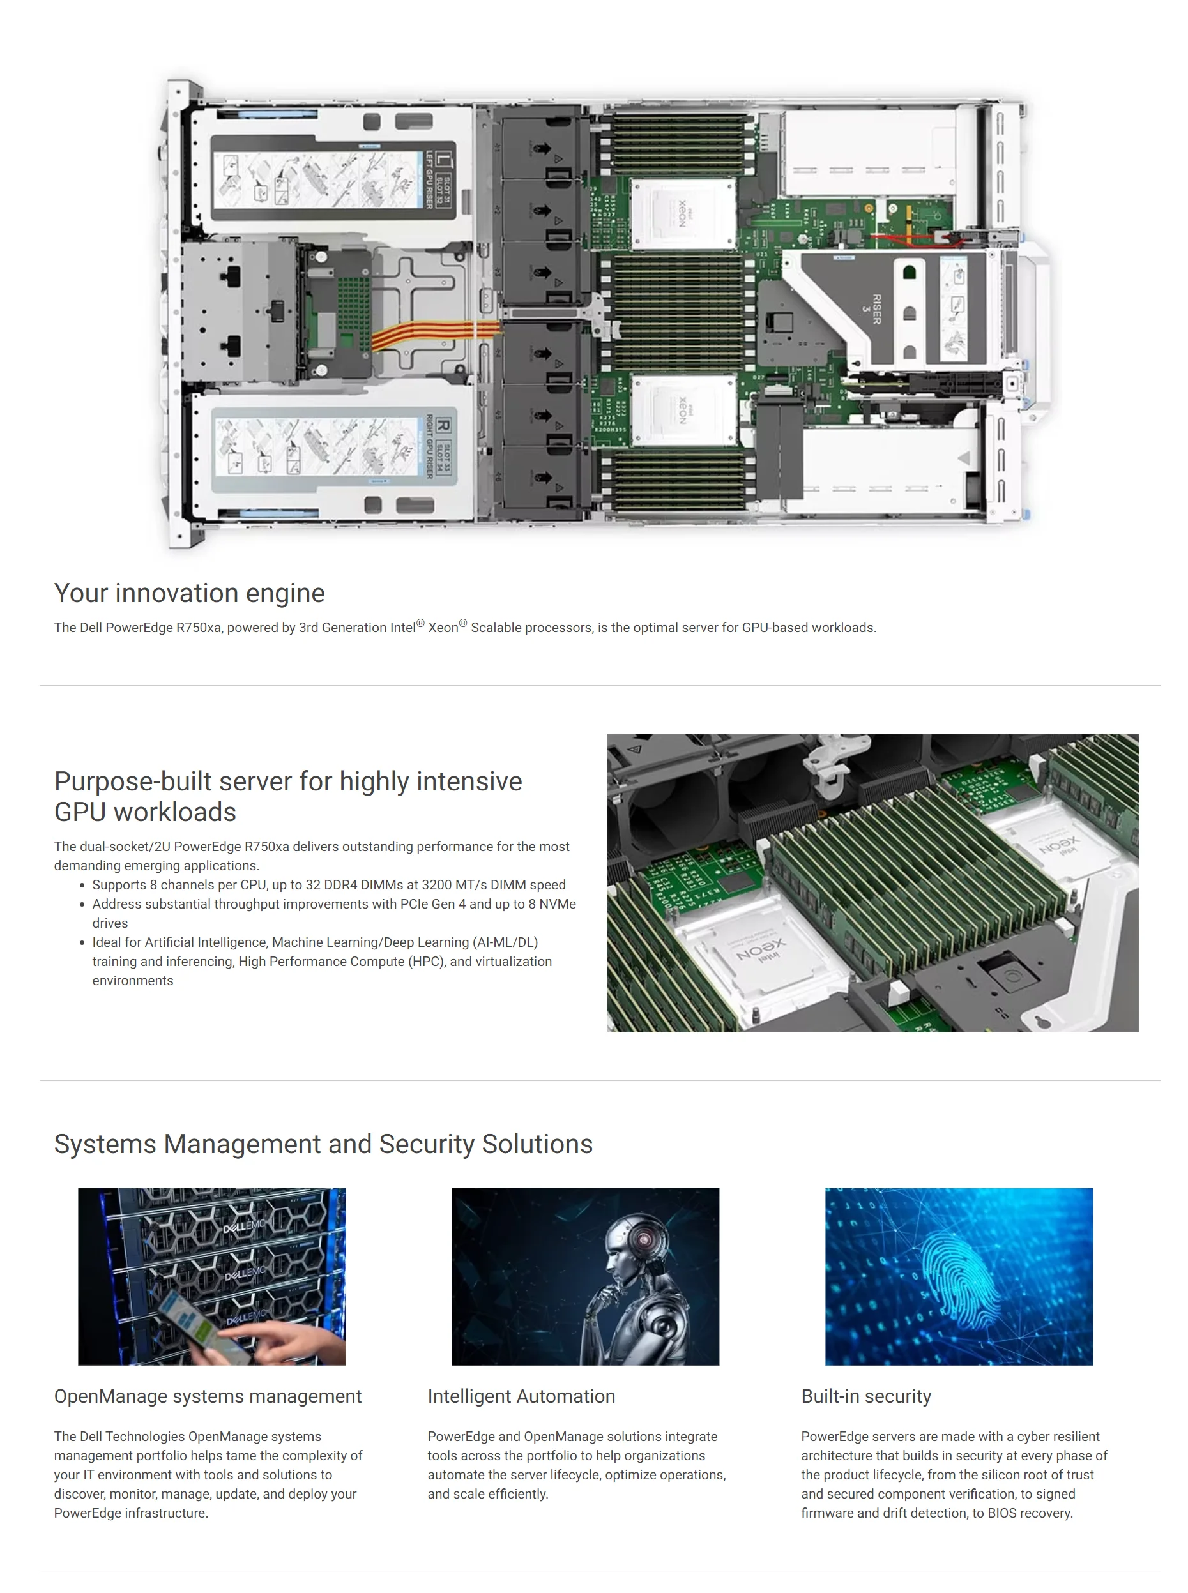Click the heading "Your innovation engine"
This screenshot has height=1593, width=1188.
(x=189, y=593)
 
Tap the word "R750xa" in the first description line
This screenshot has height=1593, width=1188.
(x=199, y=628)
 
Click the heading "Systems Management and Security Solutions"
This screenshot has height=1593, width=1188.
(x=323, y=1144)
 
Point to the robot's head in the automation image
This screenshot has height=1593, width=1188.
(x=636, y=1237)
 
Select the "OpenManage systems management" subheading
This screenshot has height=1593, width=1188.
(x=208, y=1396)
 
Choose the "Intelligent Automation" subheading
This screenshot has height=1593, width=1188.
(x=521, y=1396)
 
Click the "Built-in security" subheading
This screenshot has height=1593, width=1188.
(x=866, y=1396)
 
